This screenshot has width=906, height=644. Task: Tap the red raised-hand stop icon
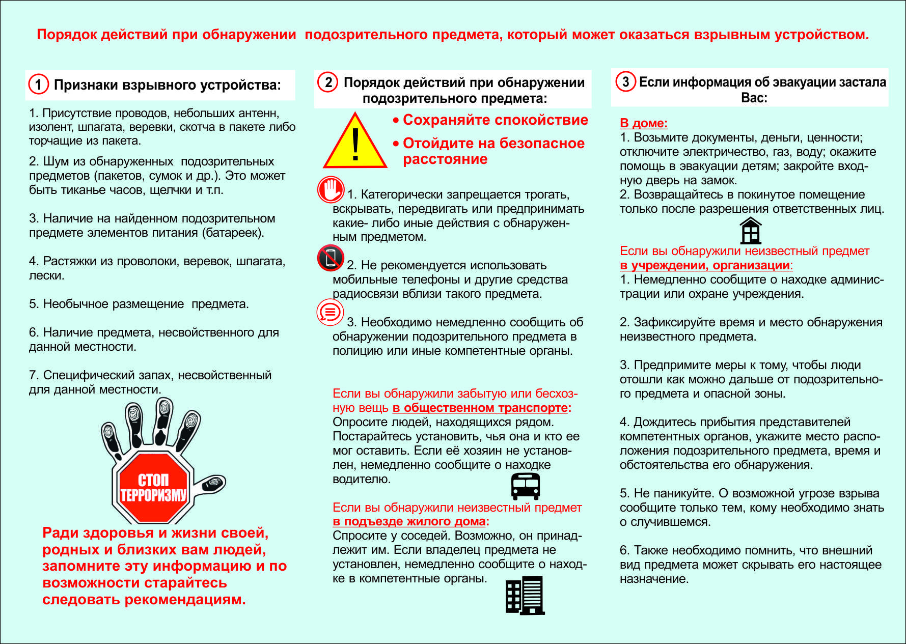click(x=331, y=190)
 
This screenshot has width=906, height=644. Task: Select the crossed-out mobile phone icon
click(x=331, y=258)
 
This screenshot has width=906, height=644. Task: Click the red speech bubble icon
click(x=330, y=312)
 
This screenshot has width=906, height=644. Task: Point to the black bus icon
click(x=525, y=486)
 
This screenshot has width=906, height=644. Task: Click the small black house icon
click(x=751, y=231)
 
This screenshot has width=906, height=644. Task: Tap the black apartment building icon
click(x=525, y=595)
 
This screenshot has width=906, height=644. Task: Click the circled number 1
click(x=39, y=84)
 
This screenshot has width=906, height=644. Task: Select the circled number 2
click(x=328, y=82)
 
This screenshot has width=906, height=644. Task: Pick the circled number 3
click(x=625, y=81)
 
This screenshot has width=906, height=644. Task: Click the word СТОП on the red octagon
click(x=153, y=480)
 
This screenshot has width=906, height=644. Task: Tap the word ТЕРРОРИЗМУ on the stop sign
click(x=153, y=495)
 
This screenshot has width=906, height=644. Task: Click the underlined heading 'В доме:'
click(x=643, y=123)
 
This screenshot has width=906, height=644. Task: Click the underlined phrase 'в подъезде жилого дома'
click(x=409, y=521)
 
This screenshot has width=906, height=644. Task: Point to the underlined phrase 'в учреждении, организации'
click(x=705, y=265)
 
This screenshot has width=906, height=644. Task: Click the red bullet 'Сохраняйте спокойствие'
click(x=495, y=120)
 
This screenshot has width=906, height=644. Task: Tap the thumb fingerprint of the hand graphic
click(x=212, y=484)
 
